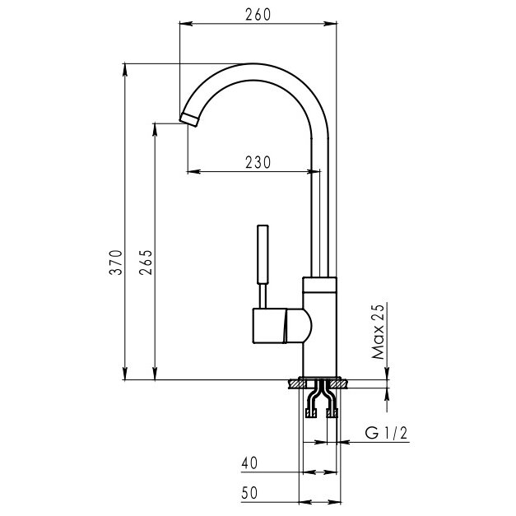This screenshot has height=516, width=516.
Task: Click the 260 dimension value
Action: coord(258,15)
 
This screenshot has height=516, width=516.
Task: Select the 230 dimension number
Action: coord(258,162)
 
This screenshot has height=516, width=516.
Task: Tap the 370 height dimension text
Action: coord(116,263)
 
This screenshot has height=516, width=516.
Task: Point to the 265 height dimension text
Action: coord(146,263)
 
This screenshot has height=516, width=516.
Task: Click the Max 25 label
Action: coord(378,332)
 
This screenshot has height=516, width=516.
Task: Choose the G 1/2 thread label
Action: coord(386,433)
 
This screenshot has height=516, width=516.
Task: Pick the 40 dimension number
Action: coord(249,463)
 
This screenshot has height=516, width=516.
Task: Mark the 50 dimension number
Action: coord(249,493)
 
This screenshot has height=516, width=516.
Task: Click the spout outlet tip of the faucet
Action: coord(189,119)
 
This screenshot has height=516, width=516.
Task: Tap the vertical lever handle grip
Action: coord(263,254)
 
